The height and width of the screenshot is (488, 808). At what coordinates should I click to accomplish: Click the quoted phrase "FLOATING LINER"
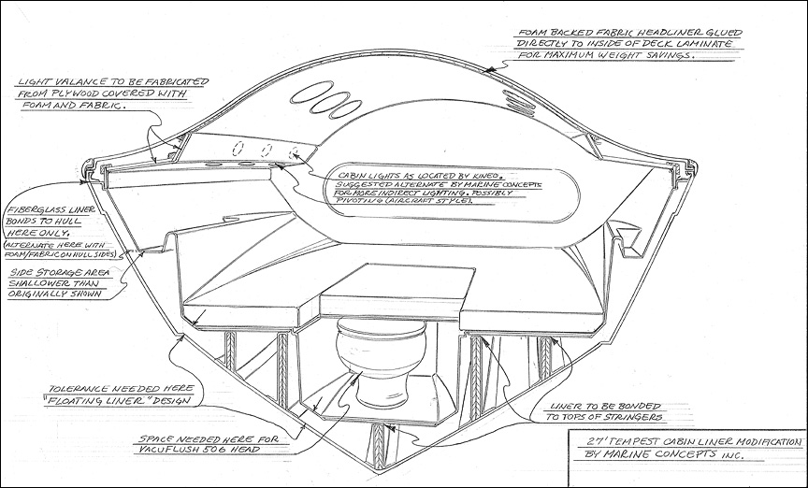(101, 399)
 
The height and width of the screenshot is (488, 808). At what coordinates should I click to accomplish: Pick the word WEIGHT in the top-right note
(637, 56)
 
